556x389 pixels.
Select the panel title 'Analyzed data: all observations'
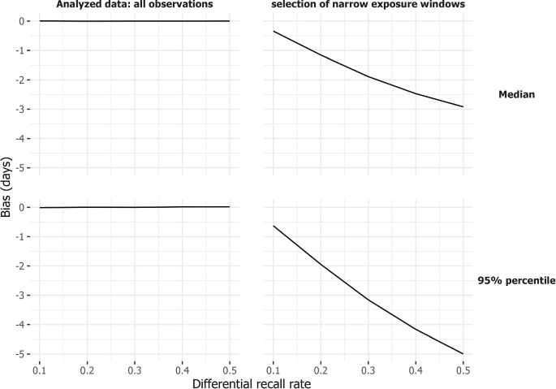coord(135,6)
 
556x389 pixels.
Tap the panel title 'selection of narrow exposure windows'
coord(370,6)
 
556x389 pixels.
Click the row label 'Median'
coord(516,95)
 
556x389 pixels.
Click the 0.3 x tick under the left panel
coord(135,370)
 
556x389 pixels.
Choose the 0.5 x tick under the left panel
coord(230,370)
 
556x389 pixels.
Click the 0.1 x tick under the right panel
coord(274,370)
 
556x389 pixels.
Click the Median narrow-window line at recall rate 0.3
coord(369,76)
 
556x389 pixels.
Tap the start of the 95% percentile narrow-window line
coord(274,226)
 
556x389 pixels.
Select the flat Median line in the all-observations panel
coord(135,21)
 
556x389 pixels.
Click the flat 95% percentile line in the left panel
coord(135,207)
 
